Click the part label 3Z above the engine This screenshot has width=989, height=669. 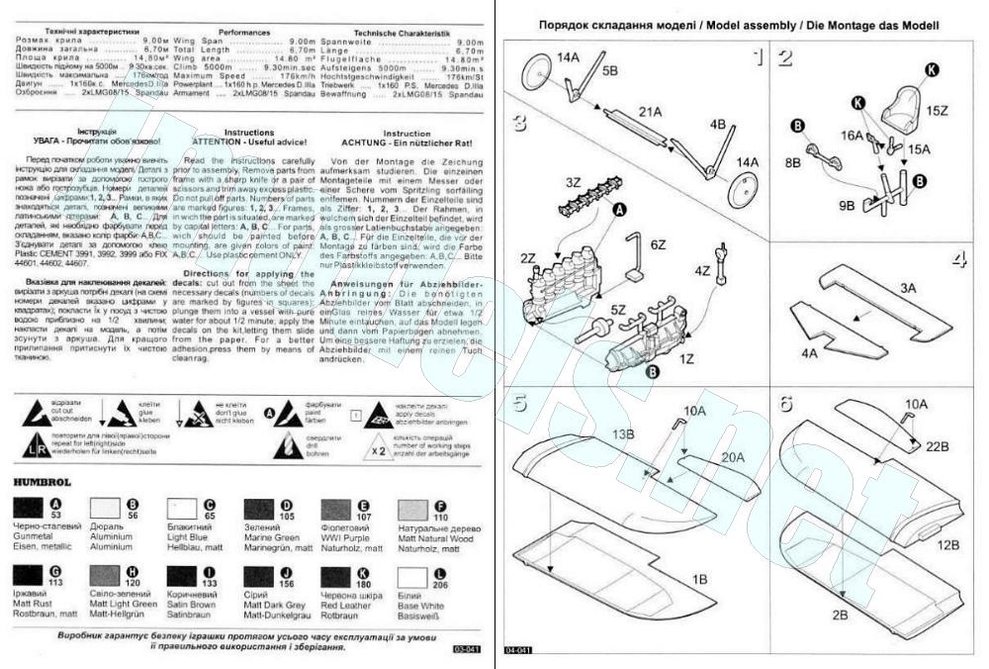(x=572, y=183)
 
